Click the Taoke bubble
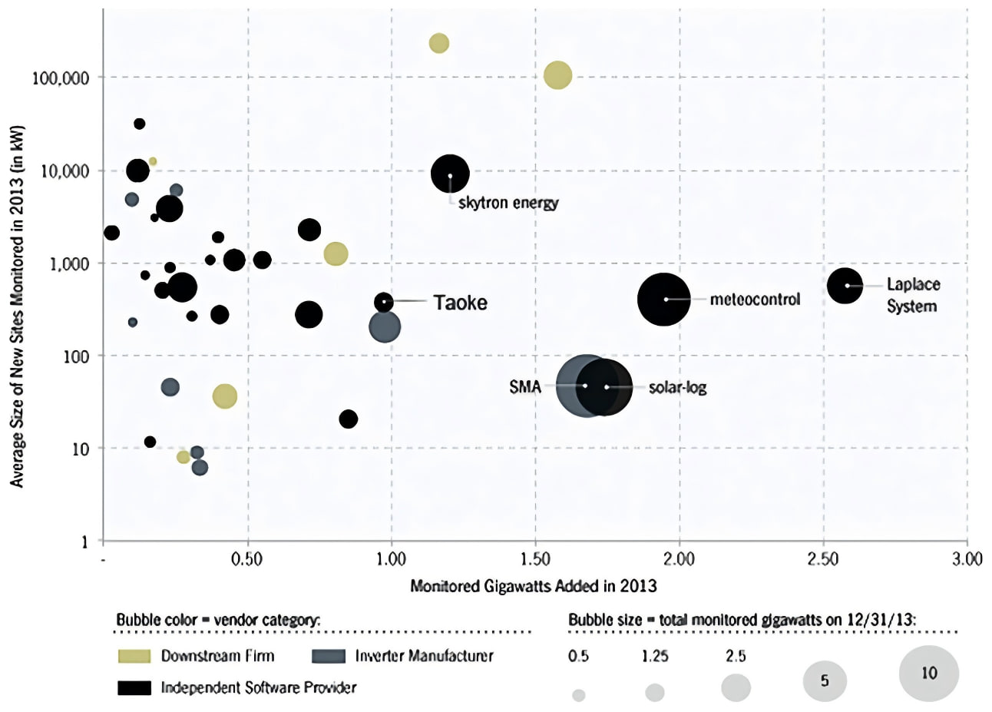[384, 302]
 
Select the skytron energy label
[508, 203]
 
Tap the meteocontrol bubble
[663, 300]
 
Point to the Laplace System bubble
[845, 286]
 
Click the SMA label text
[524, 387]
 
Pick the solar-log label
[677, 388]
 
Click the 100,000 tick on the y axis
[61, 78]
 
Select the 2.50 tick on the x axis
[823, 559]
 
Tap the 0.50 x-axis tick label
[247, 559]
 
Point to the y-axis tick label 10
[80, 449]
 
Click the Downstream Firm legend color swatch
[134, 656]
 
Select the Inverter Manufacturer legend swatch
[329, 656]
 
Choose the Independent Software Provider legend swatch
[134, 687]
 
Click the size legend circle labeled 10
[929, 674]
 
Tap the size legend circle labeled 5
[825, 681]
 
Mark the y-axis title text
[17, 306]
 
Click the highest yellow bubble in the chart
[439, 44]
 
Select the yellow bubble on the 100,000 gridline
[557, 75]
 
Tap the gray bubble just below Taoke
[385, 327]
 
